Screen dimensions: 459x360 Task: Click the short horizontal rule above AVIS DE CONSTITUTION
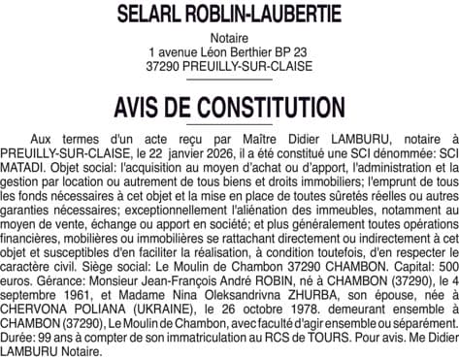[x=229, y=81]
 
